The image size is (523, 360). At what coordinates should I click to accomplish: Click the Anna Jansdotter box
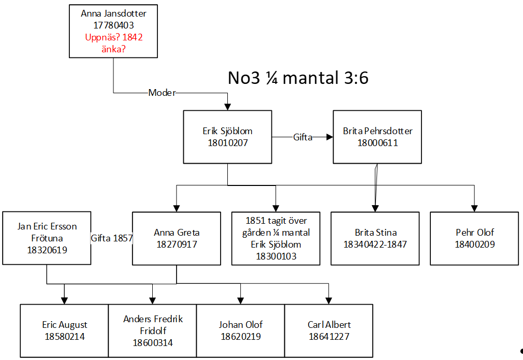[x=113, y=31]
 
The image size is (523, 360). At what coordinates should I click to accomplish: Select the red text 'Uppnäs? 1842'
[x=113, y=37]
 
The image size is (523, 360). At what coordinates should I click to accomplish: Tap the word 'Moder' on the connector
[x=162, y=93]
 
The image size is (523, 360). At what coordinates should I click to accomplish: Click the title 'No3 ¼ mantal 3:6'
[x=298, y=78]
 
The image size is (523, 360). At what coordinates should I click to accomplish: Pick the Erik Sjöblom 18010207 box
[x=227, y=137]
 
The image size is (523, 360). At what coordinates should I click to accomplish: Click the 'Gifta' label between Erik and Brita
[x=302, y=137]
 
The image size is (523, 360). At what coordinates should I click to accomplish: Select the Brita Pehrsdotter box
[x=377, y=137]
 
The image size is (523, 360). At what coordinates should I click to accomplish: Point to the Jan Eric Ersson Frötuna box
[x=47, y=238]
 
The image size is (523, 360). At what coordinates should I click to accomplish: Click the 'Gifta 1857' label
[x=112, y=238]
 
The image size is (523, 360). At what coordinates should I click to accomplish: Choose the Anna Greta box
[x=177, y=238]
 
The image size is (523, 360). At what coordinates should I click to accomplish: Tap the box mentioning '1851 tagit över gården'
[x=276, y=238]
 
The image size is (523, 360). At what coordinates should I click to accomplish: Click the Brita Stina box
[x=375, y=238]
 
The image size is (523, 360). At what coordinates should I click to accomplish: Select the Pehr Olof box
[x=474, y=238]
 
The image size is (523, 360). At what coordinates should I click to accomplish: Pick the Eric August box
[x=64, y=330]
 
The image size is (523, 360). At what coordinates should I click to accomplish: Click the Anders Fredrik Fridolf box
[x=152, y=330]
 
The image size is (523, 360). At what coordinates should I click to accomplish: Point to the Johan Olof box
[x=240, y=330]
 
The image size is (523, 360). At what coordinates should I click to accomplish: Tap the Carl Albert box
[x=329, y=330]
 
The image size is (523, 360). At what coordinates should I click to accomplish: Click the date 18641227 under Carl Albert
[x=329, y=337]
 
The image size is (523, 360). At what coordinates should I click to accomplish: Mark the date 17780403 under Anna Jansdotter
[x=113, y=25]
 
